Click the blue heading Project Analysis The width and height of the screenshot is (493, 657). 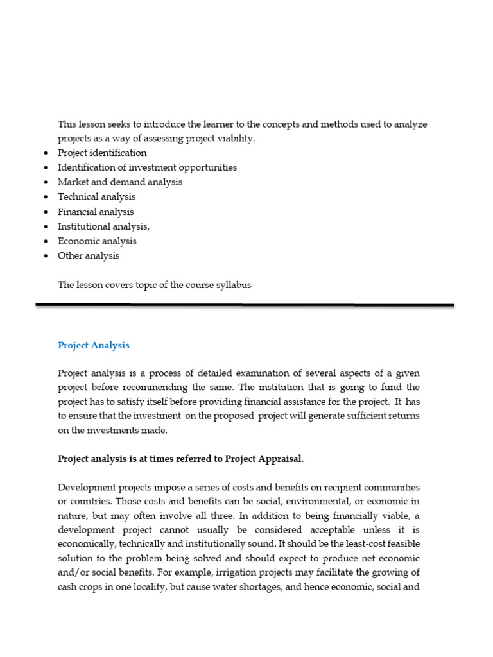tap(94, 345)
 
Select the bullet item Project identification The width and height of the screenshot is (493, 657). tap(102, 153)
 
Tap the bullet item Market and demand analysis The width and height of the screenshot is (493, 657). tap(120, 182)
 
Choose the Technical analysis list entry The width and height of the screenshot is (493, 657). tap(97, 197)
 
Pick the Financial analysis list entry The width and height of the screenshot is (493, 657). tap(96, 212)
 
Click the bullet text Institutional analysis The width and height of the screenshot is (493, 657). tap(103, 226)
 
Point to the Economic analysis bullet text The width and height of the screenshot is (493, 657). tap(97, 241)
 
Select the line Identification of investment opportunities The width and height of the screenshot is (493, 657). tap(147, 167)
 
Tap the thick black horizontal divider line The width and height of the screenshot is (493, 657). tap(245, 305)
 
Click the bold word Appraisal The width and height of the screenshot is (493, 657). tap(277, 459)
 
